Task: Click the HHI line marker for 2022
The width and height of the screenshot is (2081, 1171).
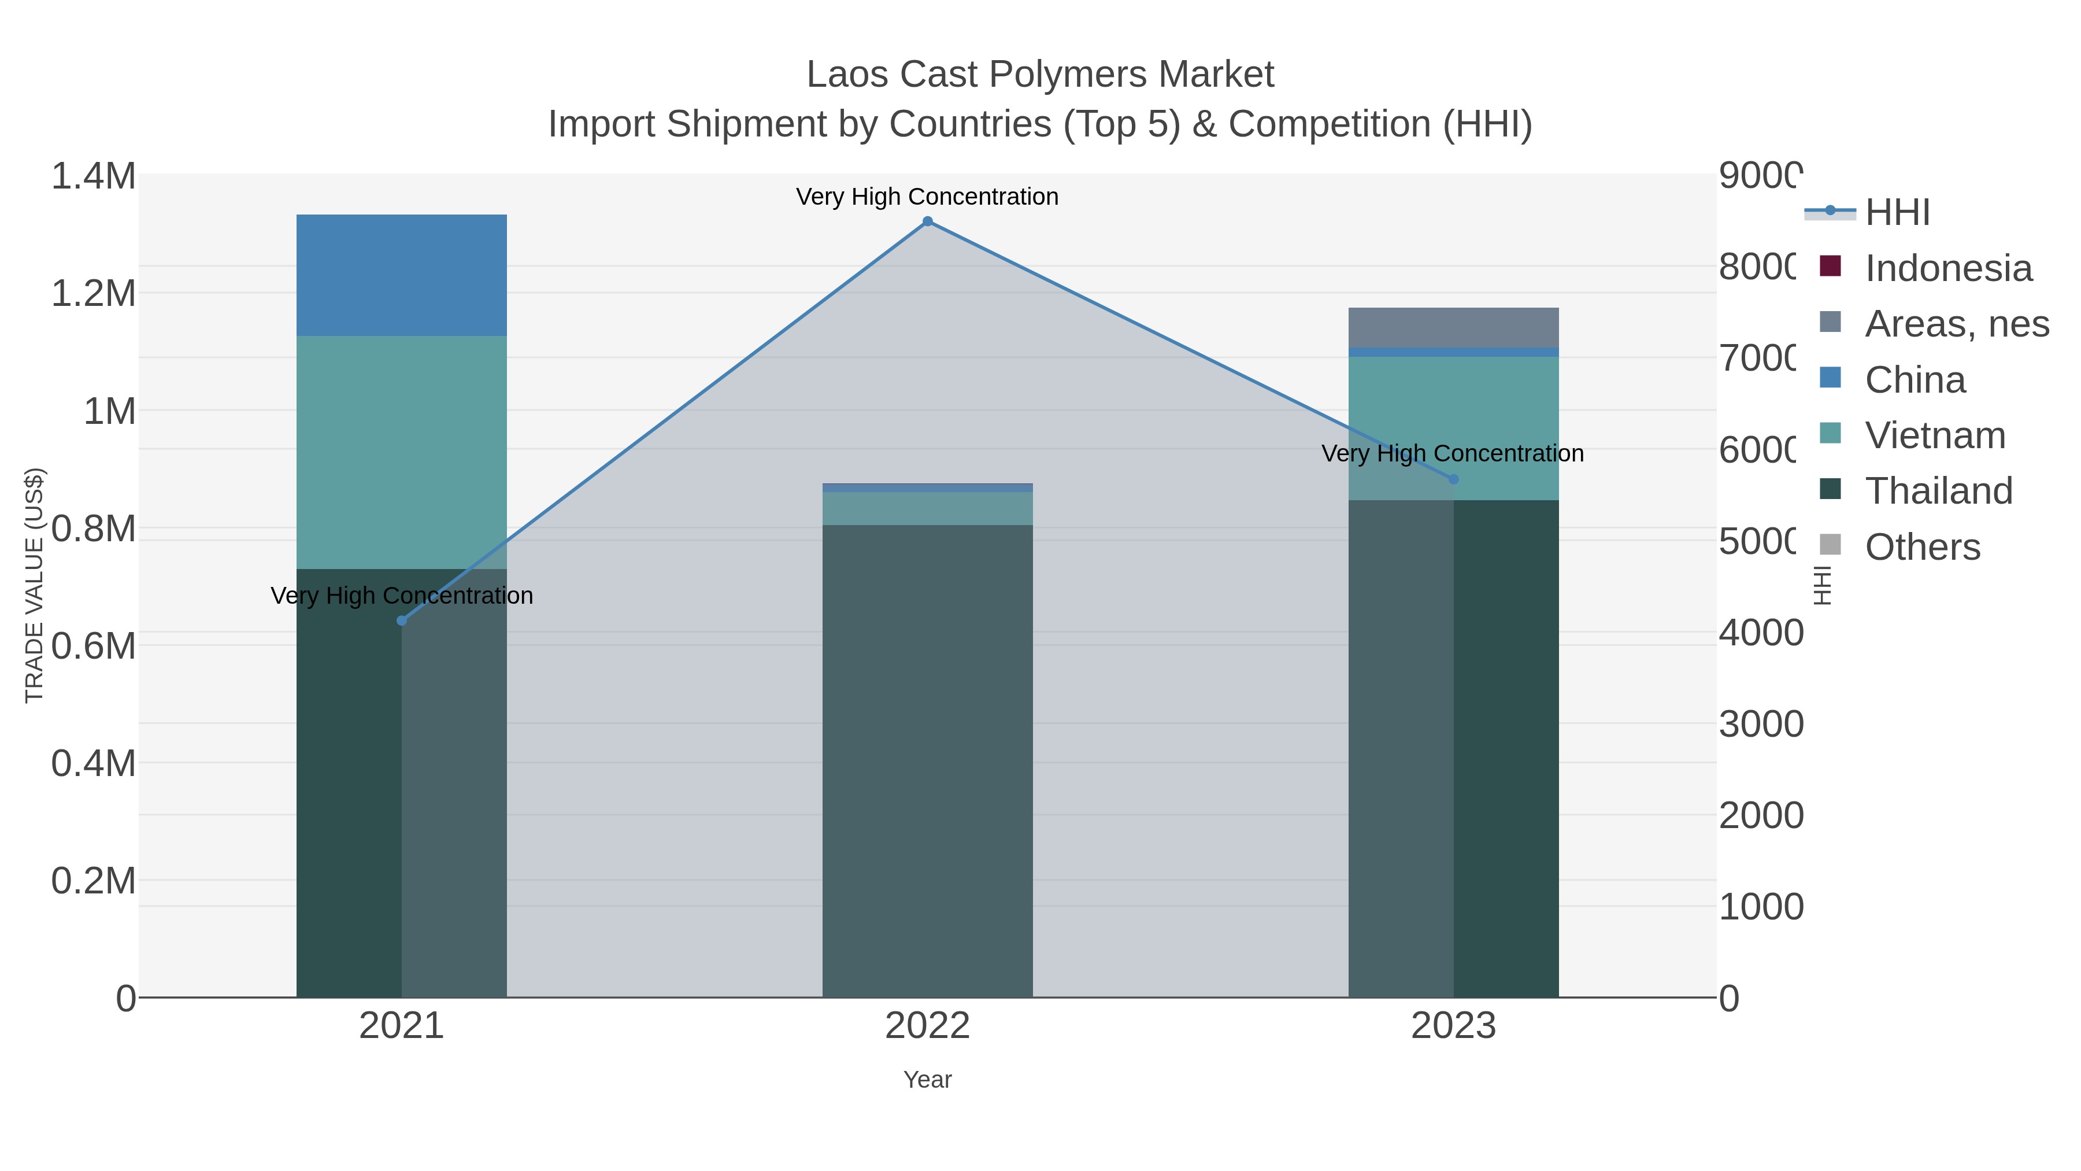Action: click(x=927, y=221)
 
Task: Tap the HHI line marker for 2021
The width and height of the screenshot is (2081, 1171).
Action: click(x=402, y=620)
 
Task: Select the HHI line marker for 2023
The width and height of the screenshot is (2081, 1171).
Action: click(x=1453, y=479)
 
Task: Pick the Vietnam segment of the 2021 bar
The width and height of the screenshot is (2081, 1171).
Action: click(x=402, y=453)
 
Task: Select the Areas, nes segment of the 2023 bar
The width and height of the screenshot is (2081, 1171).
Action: click(x=1453, y=327)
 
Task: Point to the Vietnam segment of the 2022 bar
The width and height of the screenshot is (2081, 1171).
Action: click(x=927, y=508)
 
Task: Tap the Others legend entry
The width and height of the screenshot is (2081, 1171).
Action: click(x=1922, y=547)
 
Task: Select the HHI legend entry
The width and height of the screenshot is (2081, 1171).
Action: click(x=1897, y=213)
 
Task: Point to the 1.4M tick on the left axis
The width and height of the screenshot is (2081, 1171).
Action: click(x=94, y=176)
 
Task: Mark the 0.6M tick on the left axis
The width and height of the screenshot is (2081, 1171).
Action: click(x=94, y=647)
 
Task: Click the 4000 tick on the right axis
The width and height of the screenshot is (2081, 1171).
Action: click(x=1760, y=633)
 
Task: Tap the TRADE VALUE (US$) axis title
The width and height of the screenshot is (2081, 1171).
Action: click(x=34, y=585)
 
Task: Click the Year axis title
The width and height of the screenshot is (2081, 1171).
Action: click(x=927, y=1080)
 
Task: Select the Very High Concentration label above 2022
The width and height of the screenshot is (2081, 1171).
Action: click(x=927, y=197)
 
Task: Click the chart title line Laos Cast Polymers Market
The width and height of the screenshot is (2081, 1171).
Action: click(x=1040, y=75)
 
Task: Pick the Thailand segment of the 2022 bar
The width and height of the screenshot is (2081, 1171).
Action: click(x=927, y=760)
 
